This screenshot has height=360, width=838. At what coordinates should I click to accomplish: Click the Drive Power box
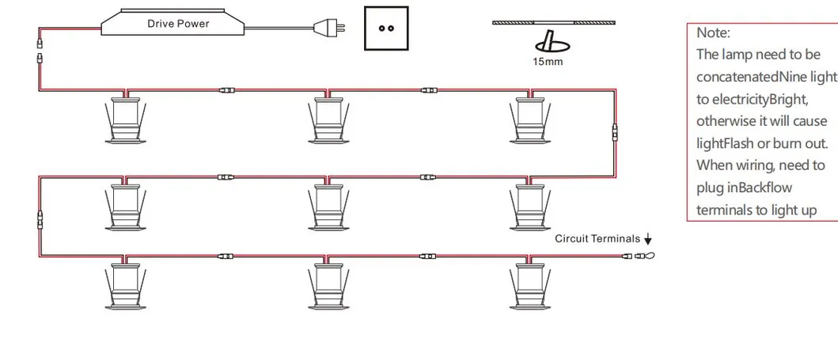pos(173,22)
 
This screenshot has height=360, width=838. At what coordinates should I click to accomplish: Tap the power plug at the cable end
pos(328,26)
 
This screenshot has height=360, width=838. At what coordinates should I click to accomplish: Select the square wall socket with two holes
pos(386,28)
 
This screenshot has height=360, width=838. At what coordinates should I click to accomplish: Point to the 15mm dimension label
pos(548,62)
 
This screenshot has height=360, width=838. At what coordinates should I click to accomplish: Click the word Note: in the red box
pos(713,33)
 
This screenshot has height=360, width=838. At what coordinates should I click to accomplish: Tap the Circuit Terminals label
pos(597,239)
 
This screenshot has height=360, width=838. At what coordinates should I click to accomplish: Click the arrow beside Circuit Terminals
pos(648,239)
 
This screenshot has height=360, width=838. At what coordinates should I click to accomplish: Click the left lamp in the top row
pos(125,120)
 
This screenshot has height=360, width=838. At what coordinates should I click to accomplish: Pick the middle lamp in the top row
pos(328,120)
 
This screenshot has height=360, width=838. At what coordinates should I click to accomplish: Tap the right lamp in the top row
pos(529,120)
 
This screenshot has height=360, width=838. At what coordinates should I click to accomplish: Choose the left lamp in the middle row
pos(125,207)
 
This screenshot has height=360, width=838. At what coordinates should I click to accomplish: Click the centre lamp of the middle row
pos(328,207)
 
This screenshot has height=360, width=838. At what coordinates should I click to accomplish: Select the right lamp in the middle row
pos(529,207)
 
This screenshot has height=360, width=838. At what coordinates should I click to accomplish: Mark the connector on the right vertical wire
pos(615,130)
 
